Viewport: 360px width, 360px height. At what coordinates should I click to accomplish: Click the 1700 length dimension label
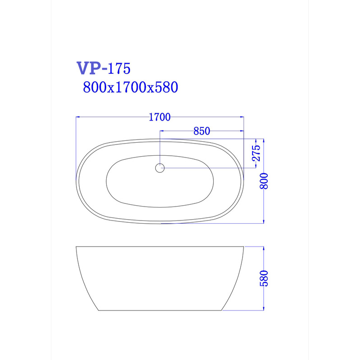[160, 117]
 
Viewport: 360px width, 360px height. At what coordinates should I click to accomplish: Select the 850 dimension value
[202, 131]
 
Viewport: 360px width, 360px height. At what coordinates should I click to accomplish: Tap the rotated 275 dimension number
[256, 153]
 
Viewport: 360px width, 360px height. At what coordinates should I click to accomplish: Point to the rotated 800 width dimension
[264, 181]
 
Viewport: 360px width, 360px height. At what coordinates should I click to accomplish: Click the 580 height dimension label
[264, 279]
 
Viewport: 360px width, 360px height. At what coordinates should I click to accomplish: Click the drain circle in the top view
[160, 168]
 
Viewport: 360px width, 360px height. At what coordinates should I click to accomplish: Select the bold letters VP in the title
[89, 68]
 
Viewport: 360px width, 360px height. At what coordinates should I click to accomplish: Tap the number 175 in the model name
[119, 68]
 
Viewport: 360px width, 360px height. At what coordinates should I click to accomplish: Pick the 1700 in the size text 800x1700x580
[130, 87]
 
